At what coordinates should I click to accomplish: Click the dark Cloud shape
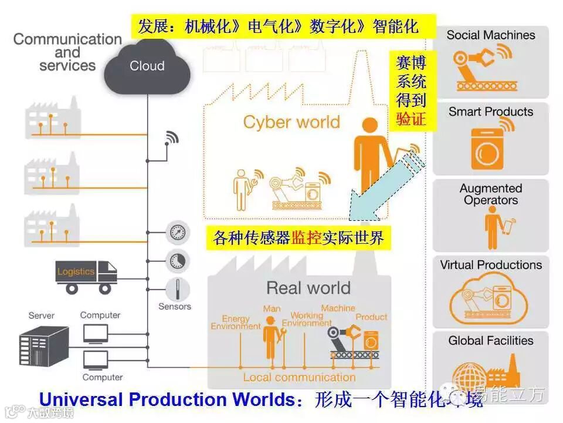click(147, 67)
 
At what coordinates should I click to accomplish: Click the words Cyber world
click(291, 122)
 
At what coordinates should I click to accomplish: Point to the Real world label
click(308, 288)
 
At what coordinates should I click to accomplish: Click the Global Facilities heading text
click(491, 341)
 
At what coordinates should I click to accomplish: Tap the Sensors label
click(175, 306)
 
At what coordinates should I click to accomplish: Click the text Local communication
click(299, 377)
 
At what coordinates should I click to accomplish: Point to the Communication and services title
click(67, 52)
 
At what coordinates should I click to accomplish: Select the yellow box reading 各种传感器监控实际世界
click(299, 239)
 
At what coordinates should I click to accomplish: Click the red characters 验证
click(411, 119)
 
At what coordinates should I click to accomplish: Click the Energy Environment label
click(236, 323)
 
